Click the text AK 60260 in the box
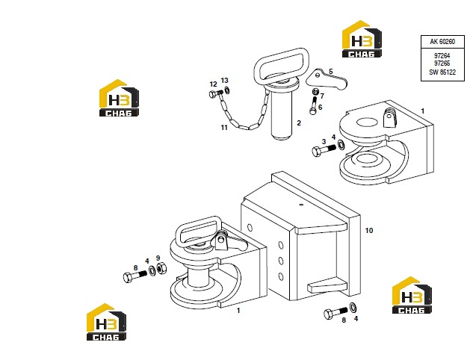[x=442, y=42]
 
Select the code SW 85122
[x=442, y=72]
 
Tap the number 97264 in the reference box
[x=442, y=56]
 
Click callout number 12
[x=213, y=84]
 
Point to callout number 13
[x=224, y=80]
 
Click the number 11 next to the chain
[x=224, y=128]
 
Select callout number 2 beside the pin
[x=299, y=122]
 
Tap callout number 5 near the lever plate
[x=330, y=72]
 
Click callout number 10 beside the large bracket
[x=369, y=231]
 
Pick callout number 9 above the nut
[x=158, y=258]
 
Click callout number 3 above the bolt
[x=324, y=141]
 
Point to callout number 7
[x=322, y=96]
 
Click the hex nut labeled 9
[x=161, y=267]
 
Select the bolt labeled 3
[x=324, y=150]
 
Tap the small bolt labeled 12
[x=216, y=93]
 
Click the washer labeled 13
[x=226, y=90]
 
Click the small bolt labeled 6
[x=313, y=106]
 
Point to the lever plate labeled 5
[x=327, y=81]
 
